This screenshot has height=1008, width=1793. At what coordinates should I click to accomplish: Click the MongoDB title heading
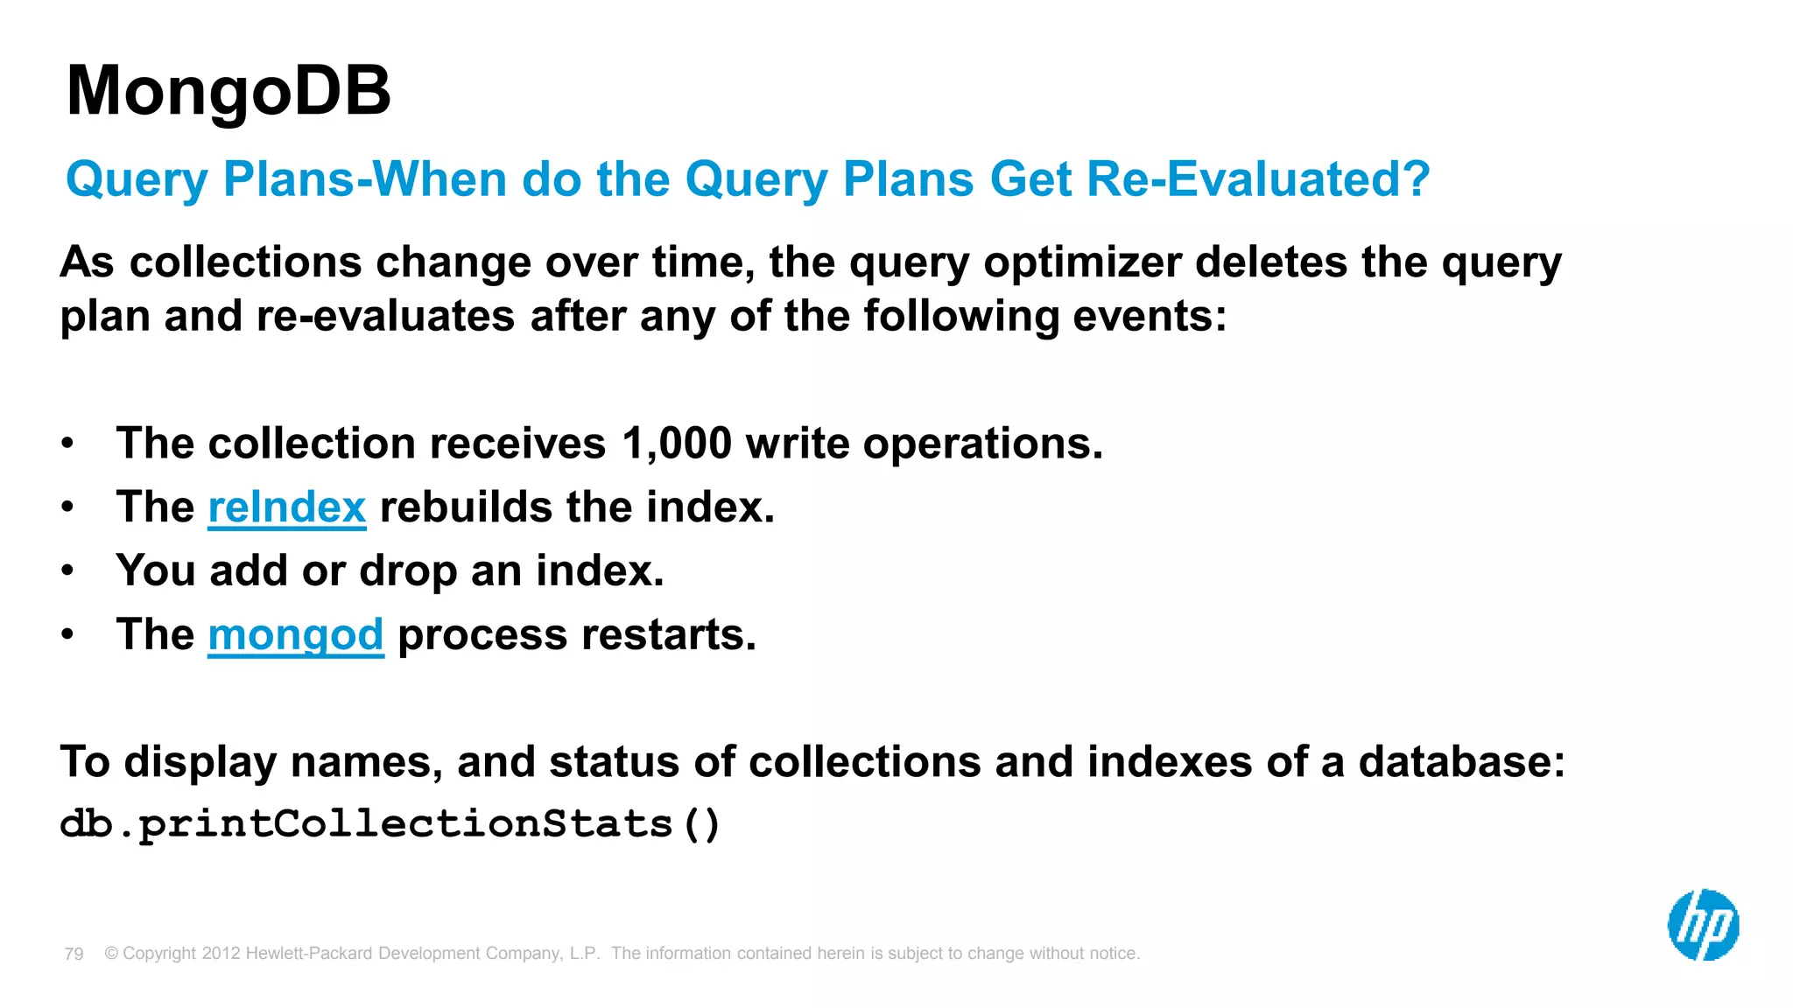point(229,91)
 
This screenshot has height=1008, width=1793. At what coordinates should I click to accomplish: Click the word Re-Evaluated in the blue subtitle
point(1257,179)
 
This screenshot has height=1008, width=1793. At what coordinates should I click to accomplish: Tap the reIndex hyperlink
point(286,507)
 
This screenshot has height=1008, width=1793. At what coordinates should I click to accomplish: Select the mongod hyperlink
point(295,634)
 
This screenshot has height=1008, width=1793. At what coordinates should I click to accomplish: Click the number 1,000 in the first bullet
point(676,444)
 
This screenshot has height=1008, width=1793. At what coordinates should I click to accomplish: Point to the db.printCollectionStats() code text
point(390,824)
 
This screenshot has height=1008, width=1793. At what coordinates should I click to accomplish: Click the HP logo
point(1703,925)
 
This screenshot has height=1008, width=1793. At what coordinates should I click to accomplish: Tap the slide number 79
point(74,954)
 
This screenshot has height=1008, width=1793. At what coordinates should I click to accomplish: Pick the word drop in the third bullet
point(407,571)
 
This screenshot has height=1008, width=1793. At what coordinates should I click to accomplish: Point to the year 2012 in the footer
point(221,954)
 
